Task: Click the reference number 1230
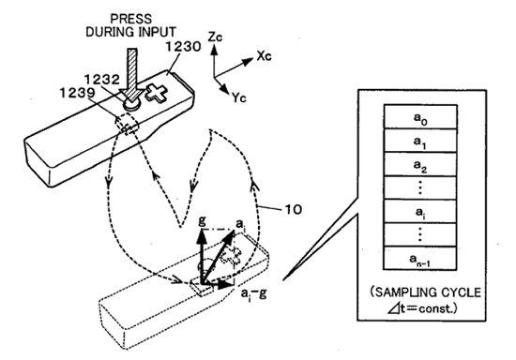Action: click(183, 47)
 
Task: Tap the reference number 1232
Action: click(102, 80)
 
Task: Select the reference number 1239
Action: click(77, 93)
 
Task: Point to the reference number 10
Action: click(292, 209)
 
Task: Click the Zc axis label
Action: click(215, 37)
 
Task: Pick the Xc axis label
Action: click(265, 56)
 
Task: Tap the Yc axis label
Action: click(239, 97)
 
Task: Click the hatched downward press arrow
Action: click(131, 74)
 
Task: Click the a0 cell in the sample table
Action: click(420, 116)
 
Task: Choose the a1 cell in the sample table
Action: click(420, 141)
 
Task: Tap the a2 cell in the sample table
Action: click(420, 164)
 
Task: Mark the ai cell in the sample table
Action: click(420, 211)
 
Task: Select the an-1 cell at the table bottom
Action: click(420, 258)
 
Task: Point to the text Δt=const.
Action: click(421, 308)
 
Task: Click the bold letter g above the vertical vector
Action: click(203, 220)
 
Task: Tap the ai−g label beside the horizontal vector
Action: click(253, 293)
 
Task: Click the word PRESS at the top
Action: click(131, 19)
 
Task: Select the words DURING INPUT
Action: click(131, 32)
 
